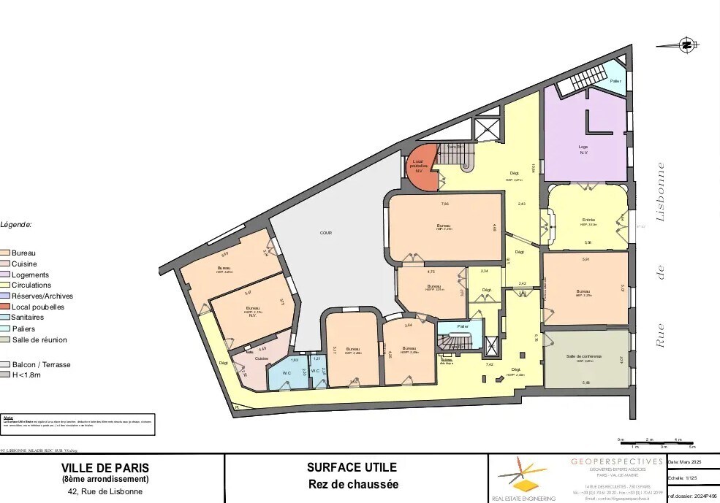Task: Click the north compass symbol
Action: tap(686, 45)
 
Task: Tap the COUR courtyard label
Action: tap(325, 233)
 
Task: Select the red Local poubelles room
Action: tap(420, 166)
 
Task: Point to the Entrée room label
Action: tap(589, 220)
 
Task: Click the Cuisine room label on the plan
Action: tap(261, 358)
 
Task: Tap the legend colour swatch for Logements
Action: tap(6, 274)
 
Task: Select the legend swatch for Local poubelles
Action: tap(6, 307)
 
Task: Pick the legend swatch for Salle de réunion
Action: tap(6, 339)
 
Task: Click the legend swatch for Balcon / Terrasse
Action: tap(6, 364)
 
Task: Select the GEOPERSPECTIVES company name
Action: tap(616, 461)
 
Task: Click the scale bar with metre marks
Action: tap(656, 442)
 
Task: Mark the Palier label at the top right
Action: tap(615, 82)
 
